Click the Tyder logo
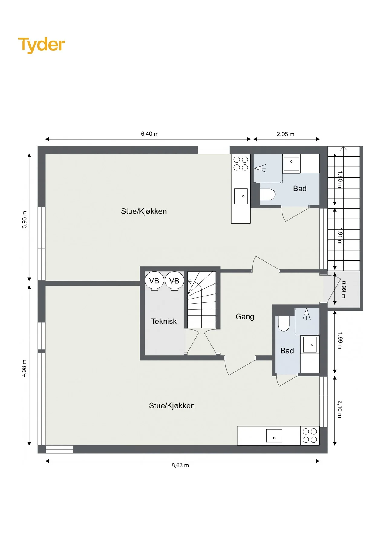coord(41,45)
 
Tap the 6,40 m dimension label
coord(150,134)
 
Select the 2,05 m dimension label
coord(285,134)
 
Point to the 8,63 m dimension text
coord(180,465)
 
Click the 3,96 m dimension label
coord(24,220)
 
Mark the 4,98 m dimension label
coord(24,368)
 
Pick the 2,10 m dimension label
coord(340,409)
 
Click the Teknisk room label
coord(164,321)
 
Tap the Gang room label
coord(245,317)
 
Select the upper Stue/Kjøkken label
coord(144,211)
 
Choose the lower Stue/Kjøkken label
coord(172,406)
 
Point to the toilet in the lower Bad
coord(284,323)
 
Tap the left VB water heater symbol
coord(154,281)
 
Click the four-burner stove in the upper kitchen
coord(241,163)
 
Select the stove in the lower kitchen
coord(310,436)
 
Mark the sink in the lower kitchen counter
coord(274,436)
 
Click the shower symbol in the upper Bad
coord(260,168)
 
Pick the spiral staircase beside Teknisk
coord(202,299)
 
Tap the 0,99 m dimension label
coord(344,289)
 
